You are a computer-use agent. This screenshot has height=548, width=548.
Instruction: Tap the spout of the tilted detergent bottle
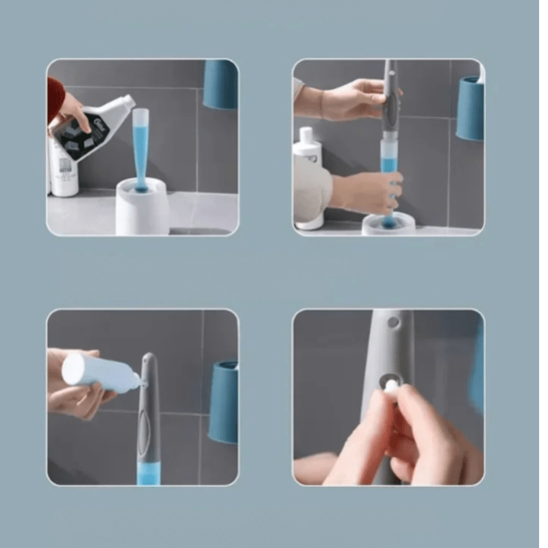tap(128, 101)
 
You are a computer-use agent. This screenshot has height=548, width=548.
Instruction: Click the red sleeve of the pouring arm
tap(53, 96)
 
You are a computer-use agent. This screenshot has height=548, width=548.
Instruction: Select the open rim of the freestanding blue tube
tap(140, 111)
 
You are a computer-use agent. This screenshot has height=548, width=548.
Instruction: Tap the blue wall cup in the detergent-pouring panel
tap(221, 84)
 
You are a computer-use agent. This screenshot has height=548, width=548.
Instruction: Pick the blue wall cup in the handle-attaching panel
tap(470, 108)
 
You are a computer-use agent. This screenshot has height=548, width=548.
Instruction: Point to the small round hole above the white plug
tap(393, 321)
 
